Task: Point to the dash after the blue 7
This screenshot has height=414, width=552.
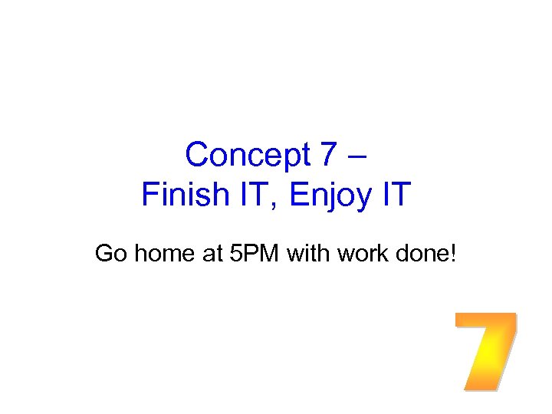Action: (x=359, y=156)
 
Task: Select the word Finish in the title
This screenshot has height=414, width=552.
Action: (x=175, y=195)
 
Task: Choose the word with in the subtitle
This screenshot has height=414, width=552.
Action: (x=307, y=253)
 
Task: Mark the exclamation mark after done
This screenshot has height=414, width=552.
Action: (x=453, y=253)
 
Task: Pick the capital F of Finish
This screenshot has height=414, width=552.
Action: (x=149, y=195)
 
